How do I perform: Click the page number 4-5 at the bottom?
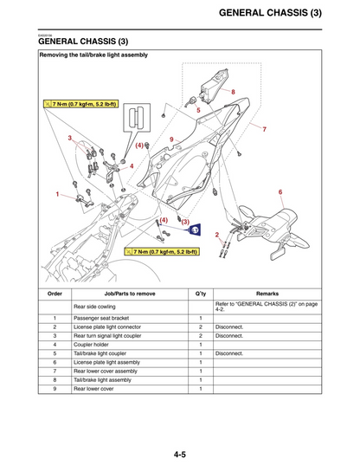point(179,453)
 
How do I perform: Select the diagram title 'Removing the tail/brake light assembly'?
point(94,55)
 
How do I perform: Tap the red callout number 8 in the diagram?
point(232,91)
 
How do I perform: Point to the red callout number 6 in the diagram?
point(280,191)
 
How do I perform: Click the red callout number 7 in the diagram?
point(264,129)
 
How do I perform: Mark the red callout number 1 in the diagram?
point(57,195)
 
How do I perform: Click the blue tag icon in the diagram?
point(195,230)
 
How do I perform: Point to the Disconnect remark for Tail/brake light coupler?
point(230,353)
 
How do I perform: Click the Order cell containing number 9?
point(55,389)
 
